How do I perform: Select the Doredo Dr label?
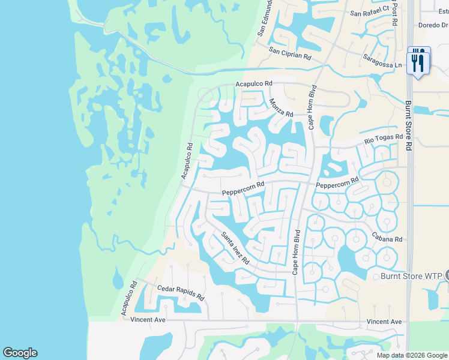433,25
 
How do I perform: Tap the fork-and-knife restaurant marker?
418,60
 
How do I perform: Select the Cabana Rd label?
386,238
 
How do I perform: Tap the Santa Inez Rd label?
235,247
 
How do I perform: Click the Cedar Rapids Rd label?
181,293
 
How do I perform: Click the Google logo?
20,353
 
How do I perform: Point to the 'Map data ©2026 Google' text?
412,355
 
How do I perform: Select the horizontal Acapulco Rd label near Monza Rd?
254,84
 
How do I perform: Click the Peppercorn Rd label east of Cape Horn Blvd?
337,183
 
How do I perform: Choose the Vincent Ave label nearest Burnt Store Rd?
384,322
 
